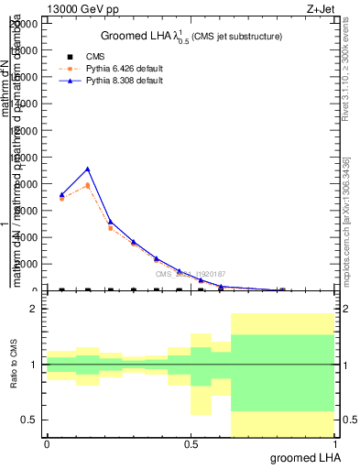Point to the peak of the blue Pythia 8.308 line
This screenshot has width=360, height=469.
[87, 169]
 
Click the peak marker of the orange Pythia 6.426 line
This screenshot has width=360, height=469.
[87, 185]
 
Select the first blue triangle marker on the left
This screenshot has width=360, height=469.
[61, 194]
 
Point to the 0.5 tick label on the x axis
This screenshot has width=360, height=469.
[191, 443]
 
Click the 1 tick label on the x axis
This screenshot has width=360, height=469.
[334, 443]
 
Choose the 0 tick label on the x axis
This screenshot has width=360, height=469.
[47, 443]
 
